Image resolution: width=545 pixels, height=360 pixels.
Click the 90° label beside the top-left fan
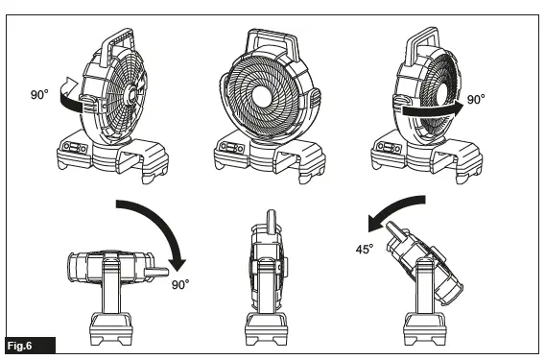pyautogui.click(x=40, y=96)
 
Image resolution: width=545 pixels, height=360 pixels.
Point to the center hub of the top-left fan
pyautogui.click(x=128, y=94)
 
